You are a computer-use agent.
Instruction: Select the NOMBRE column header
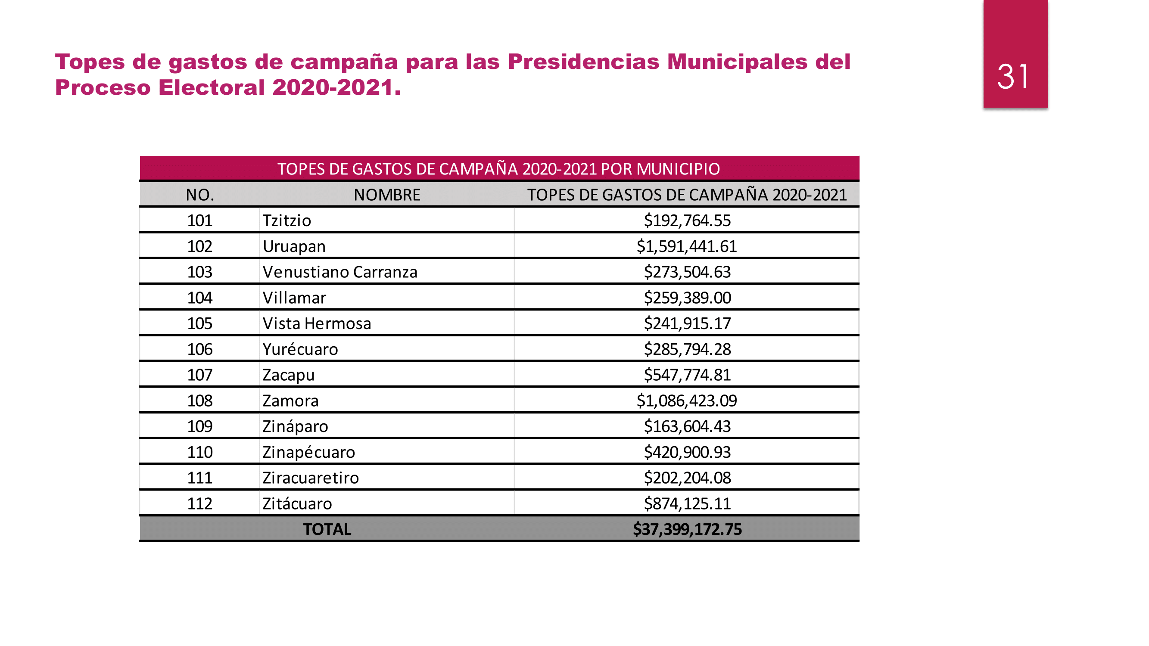coord(387,195)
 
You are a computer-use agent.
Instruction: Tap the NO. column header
coord(200,195)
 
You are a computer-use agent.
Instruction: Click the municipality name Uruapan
coord(294,246)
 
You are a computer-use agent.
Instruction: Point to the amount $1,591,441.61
coord(686,246)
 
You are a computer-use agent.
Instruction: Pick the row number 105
coord(199,324)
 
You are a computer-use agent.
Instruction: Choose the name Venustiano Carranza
coord(340,272)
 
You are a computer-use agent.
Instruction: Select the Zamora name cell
coord(290,401)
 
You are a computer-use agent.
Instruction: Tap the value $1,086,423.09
coord(686,401)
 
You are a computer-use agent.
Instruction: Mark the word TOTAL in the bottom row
coord(327,529)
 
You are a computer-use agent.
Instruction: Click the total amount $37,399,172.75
coord(687,529)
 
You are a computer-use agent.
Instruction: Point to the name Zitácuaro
coord(297,504)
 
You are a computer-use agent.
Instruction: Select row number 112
coord(199,504)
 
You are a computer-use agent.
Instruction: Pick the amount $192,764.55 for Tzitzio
coord(687,221)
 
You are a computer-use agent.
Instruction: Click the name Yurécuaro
coord(300,350)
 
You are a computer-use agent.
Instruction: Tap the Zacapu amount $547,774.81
coord(687,375)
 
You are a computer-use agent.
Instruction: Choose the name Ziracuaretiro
coord(311,478)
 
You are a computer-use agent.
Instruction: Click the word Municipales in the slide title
coord(737,62)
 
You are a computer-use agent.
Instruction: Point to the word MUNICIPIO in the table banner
coord(678,169)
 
